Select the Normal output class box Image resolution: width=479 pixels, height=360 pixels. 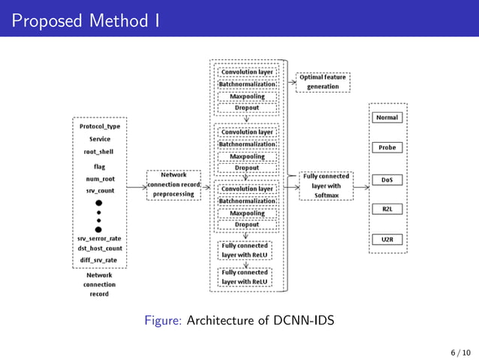coord(388,117)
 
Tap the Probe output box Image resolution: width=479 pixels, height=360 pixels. coord(388,147)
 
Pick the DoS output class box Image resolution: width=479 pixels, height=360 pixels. coord(388,180)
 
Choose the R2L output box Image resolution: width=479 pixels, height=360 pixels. coord(388,209)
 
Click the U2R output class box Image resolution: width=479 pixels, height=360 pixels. coord(388,239)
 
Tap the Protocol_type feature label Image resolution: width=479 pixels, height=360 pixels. coord(100,126)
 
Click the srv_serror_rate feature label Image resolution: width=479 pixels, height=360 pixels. coord(100,238)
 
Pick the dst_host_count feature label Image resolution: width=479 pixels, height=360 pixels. coord(100,249)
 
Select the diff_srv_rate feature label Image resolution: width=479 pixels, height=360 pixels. coord(100,260)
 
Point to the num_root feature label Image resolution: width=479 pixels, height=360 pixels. coord(99,179)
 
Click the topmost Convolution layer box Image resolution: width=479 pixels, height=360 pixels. coord(247,72)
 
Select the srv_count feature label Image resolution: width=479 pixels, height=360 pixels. coord(99,192)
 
